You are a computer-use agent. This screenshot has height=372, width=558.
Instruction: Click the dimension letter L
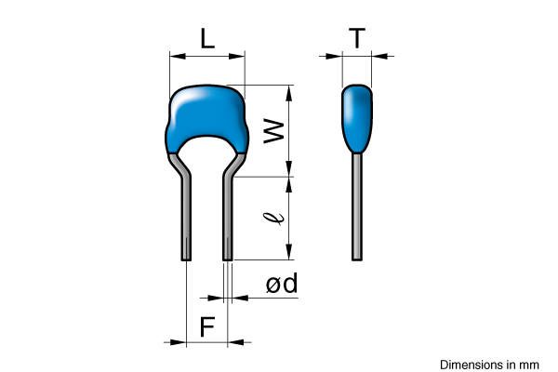click(x=207, y=38)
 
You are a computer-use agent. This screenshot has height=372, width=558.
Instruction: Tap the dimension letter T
click(x=357, y=38)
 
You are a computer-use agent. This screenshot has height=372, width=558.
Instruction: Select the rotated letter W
click(x=273, y=131)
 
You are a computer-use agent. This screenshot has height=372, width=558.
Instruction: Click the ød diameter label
click(x=282, y=284)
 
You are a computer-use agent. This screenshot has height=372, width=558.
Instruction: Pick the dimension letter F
click(x=207, y=327)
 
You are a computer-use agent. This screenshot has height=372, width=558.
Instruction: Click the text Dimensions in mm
click(x=489, y=365)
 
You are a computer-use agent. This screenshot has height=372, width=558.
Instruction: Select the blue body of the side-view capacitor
click(x=357, y=118)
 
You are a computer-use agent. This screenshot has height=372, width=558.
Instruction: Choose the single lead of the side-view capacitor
click(x=357, y=206)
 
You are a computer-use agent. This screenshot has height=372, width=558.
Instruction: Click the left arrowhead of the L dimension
click(x=178, y=56)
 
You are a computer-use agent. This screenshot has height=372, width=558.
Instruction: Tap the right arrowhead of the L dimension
click(x=236, y=56)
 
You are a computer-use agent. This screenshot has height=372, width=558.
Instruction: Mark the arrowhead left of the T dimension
click(x=334, y=56)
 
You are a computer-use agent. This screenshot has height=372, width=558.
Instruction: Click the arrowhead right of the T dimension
click(x=379, y=56)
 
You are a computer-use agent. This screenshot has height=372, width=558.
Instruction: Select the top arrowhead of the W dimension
click(x=289, y=93)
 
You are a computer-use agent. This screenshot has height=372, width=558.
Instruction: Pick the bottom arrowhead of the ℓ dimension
click(x=289, y=252)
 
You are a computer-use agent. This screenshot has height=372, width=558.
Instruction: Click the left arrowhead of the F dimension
click(x=178, y=342)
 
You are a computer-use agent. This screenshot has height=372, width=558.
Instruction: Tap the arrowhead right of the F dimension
click(x=236, y=342)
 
